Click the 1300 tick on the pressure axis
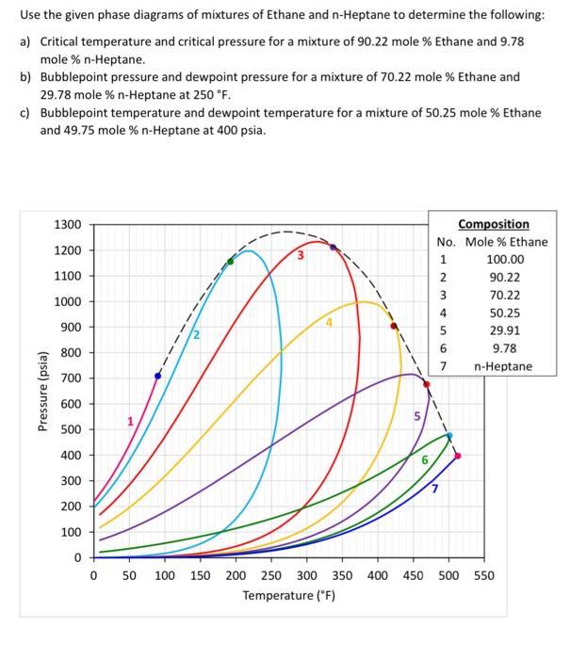pyautogui.click(x=71, y=225)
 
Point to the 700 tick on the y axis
pyautogui.click(x=71, y=378)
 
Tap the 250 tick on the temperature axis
pyautogui.click(x=270, y=575)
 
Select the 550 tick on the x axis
pyautogui.click(x=482, y=575)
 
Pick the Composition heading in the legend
pyautogui.click(x=493, y=224)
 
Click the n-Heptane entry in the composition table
pyautogui.click(x=503, y=367)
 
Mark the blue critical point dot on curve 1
pyautogui.click(x=157, y=376)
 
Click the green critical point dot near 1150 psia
pyautogui.click(x=230, y=261)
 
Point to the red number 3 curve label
pyautogui.click(x=301, y=255)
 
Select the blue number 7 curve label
pyautogui.click(x=434, y=488)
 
